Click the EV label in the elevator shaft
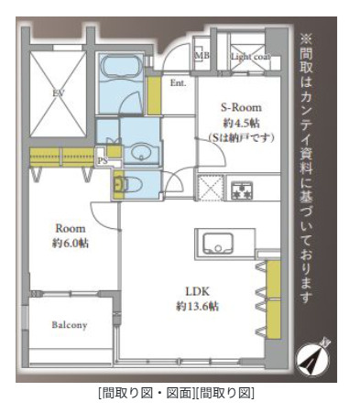coord(58,92)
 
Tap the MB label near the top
coord(202,55)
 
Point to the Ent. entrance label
coord(179,83)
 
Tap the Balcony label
coord(69,325)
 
